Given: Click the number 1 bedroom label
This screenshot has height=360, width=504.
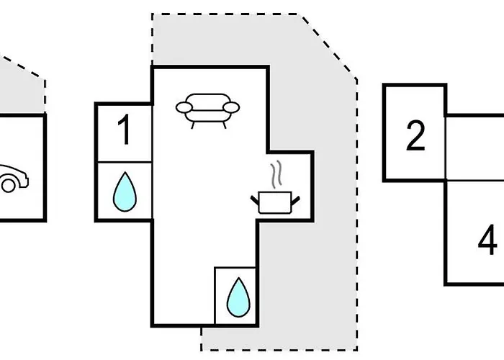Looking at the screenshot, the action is point(125,130).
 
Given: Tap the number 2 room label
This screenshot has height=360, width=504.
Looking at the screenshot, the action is point(415,135).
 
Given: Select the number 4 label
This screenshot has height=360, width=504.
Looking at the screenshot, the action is point(488,240).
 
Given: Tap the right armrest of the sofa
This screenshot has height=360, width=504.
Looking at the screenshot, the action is point(231,107).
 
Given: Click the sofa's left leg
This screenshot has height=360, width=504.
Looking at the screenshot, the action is point(193,125).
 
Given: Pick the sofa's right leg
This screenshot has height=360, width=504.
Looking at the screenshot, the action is point(225,125).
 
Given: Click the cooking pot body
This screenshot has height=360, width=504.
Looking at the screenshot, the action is point(275,202).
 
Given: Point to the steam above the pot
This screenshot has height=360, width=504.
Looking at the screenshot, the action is point(276,174).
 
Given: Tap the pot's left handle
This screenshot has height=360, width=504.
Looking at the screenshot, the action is point(255,200).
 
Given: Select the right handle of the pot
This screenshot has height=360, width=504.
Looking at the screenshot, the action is point(296,200).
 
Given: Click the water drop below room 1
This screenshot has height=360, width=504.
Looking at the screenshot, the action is point(125,192).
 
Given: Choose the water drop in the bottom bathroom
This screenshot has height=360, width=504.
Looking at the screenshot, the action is point(238,297).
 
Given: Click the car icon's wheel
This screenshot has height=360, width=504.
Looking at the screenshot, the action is point(8,186).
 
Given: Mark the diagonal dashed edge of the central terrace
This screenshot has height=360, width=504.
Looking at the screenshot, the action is point(328,46).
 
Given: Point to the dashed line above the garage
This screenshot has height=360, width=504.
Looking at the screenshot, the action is point(22,67).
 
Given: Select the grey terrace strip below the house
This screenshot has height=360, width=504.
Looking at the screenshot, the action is point(279,338).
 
